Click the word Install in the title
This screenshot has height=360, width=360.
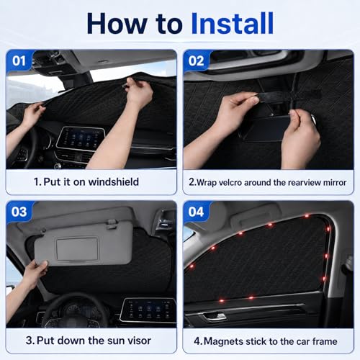click(233, 23)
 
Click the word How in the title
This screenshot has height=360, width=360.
click(117, 23)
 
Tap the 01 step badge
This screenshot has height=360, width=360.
click(19, 60)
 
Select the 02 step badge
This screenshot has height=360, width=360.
click(196, 60)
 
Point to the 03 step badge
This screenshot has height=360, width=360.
click(19, 212)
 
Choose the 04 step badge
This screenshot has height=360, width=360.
click(196, 212)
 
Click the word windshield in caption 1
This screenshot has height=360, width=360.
click(114, 181)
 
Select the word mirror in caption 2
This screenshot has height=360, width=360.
click(335, 183)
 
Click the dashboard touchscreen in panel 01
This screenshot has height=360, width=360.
click(81, 138)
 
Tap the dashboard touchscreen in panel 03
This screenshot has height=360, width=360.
click(148, 310)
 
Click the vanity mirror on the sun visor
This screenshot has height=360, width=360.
click(77, 249)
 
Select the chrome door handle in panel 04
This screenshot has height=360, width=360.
click(215, 317)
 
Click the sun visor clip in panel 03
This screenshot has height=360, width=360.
click(112, 224)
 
